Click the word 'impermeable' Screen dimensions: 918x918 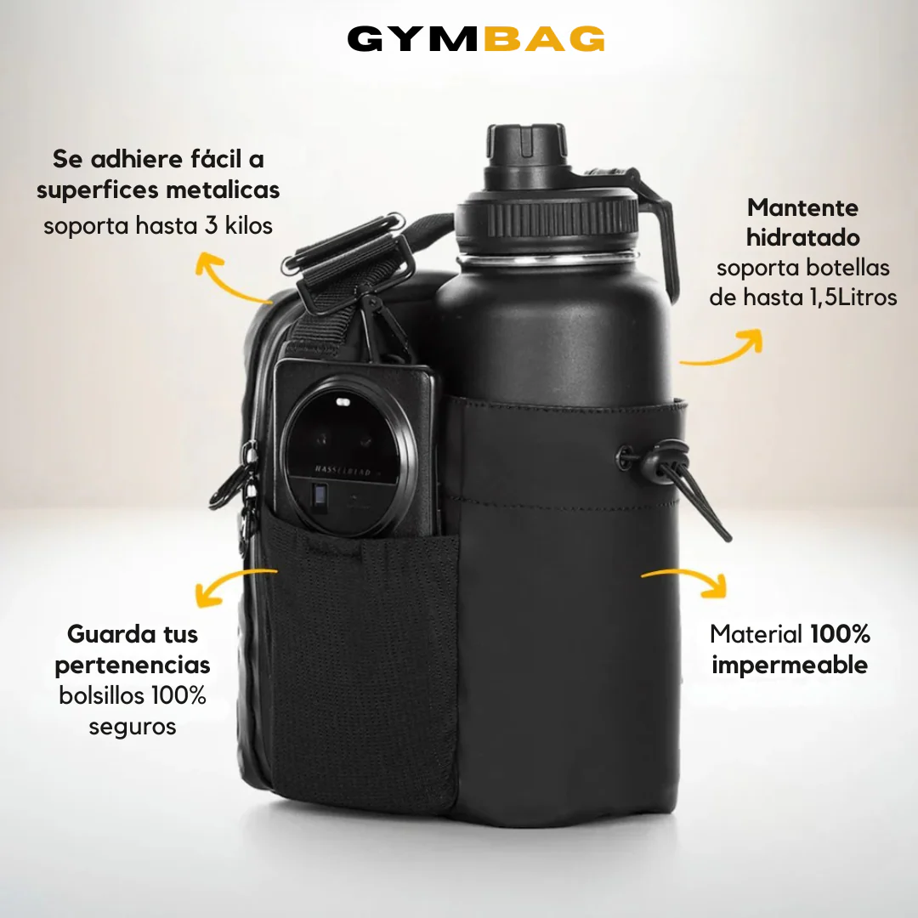790,665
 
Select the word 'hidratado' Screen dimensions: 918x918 803,238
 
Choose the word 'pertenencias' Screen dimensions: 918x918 133,665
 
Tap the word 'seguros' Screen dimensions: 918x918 133,727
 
